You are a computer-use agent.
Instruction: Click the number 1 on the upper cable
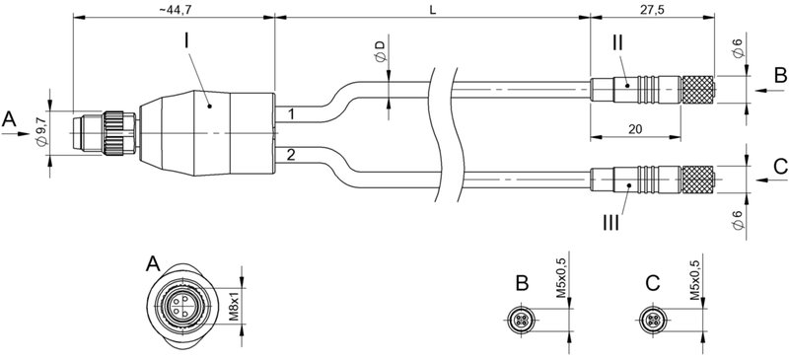(x=290, y=115)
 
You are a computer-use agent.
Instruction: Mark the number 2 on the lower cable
(x=290, y=155)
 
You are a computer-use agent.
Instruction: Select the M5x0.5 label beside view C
(x=693, y=280)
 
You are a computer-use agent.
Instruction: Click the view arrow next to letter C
(x=762, y=181)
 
